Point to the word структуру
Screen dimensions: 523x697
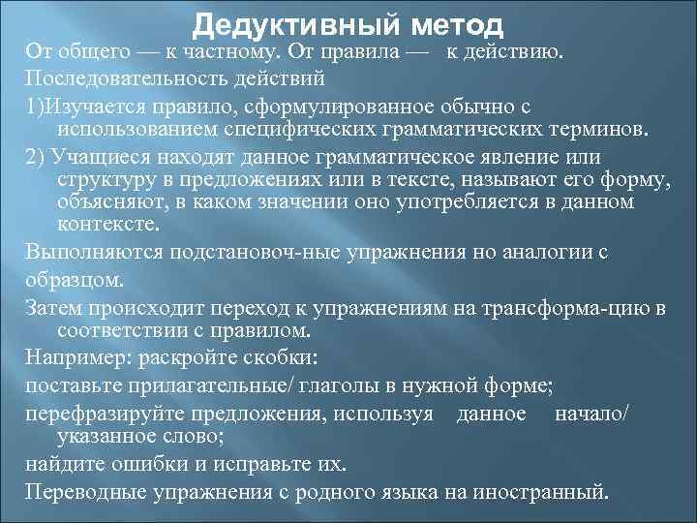(101, 180)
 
